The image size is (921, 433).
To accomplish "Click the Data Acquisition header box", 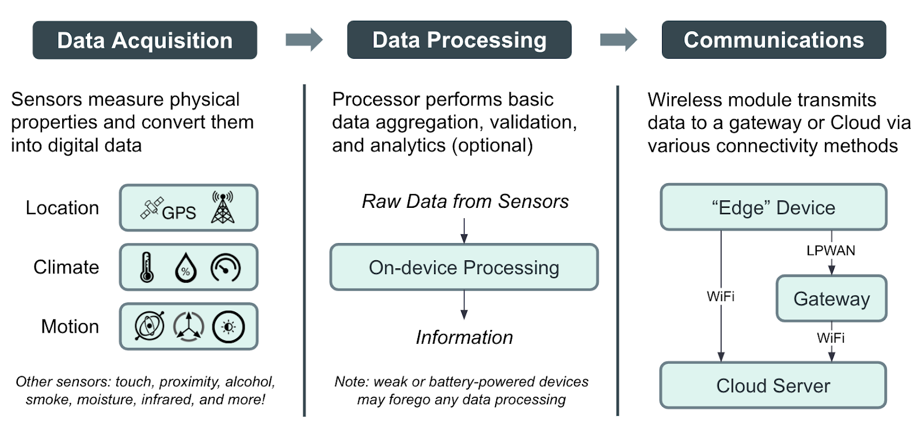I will [144, 40].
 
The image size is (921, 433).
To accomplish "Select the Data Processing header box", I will [459, 40].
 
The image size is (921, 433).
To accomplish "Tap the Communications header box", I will [773, 40].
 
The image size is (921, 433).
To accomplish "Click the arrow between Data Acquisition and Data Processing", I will [304, 40].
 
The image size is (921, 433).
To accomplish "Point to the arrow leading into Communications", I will [618, 40].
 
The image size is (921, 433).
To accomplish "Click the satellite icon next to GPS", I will [151, 208].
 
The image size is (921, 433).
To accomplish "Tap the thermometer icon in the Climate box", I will [147, 267].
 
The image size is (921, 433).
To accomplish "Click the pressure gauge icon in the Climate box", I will [226, 268].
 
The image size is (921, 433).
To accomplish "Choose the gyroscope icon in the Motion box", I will [150, 326].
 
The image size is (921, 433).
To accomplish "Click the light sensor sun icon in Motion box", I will [229, 327].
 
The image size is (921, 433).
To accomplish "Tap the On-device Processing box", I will [464, 267].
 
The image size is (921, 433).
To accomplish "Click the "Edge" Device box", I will [773, 207].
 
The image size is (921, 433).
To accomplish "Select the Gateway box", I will [831, 299].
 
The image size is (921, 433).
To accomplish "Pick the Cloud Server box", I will [773, 385].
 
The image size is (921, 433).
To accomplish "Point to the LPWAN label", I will [831, 250].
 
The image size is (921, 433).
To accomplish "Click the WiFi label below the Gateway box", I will [831, 338].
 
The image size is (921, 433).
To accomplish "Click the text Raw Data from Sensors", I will [465, 202].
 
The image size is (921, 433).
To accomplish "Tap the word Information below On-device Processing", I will [464, 337].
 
